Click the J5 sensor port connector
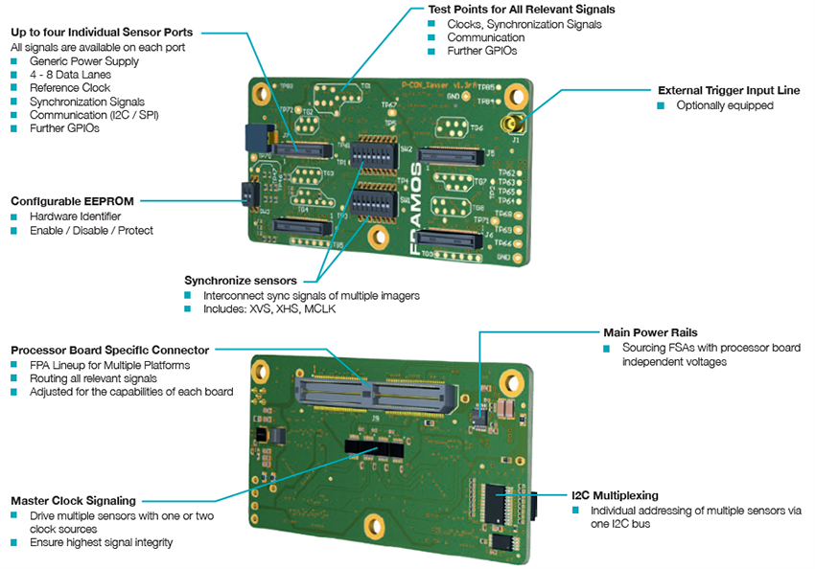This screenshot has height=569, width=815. click(x=451, y=154)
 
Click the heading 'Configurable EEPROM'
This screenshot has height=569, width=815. click(x=72, y=201)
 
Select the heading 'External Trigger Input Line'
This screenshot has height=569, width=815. click(x=729, y=90)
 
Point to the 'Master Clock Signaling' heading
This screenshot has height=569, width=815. click(x=73, y=500)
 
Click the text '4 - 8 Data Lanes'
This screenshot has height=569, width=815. click(x=70, y=75)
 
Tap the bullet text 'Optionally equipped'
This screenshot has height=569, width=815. click(x=724, y=105)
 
